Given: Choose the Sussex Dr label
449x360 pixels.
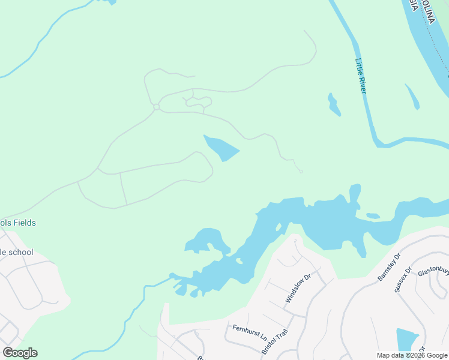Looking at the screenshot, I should [x=402, y=280].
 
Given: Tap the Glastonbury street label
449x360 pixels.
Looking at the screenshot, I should [x=433, y=271].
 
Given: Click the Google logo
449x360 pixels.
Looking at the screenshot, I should [x=20, y=353].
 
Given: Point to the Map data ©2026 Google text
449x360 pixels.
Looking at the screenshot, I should [x=411, y=355].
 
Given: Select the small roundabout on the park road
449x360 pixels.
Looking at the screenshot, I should [x=156, y=107].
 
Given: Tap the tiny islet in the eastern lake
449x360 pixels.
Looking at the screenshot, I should [x=373, y=215].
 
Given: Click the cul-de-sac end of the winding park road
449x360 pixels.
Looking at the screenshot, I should [x=301, y=172].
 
